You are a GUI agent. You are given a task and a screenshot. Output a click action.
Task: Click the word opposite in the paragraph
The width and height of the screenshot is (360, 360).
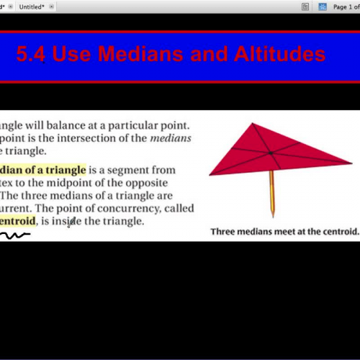point(167,183)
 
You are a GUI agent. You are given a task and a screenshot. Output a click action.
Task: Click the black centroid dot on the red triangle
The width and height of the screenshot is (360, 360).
point(270,153)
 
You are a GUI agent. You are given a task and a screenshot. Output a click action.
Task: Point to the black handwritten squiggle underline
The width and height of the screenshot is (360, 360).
point(14,235)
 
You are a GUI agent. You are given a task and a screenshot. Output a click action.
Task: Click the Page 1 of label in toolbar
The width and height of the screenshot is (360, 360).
point(342,6)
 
